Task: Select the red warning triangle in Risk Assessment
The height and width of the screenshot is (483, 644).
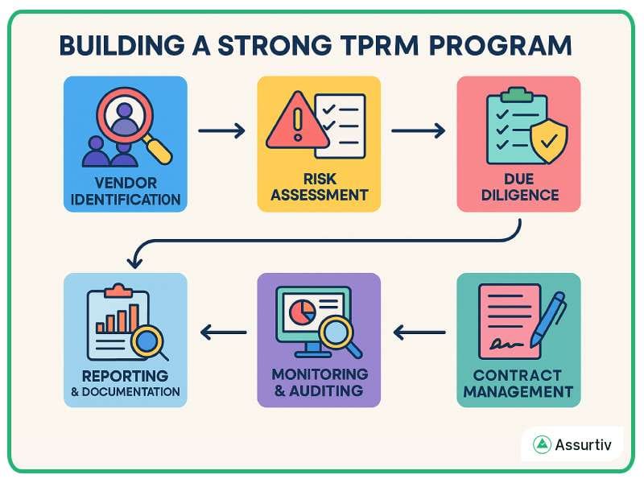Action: pos(295,122)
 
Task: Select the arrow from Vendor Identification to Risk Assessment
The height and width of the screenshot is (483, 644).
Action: pos(221,129)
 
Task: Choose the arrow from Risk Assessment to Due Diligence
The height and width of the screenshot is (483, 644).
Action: pos(418,129)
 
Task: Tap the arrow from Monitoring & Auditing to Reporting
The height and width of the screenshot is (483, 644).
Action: pos(223,331)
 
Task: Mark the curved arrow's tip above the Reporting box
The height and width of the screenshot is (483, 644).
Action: pos(134,264)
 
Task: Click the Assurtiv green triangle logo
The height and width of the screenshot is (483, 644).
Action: pos(543,444)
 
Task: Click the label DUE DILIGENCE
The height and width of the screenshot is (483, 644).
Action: pos(518,187)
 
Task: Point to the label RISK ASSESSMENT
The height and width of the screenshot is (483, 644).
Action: pos(319,187)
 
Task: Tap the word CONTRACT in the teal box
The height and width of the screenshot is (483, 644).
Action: pos(518,376)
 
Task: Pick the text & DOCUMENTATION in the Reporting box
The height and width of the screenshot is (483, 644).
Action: pos(125,392)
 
